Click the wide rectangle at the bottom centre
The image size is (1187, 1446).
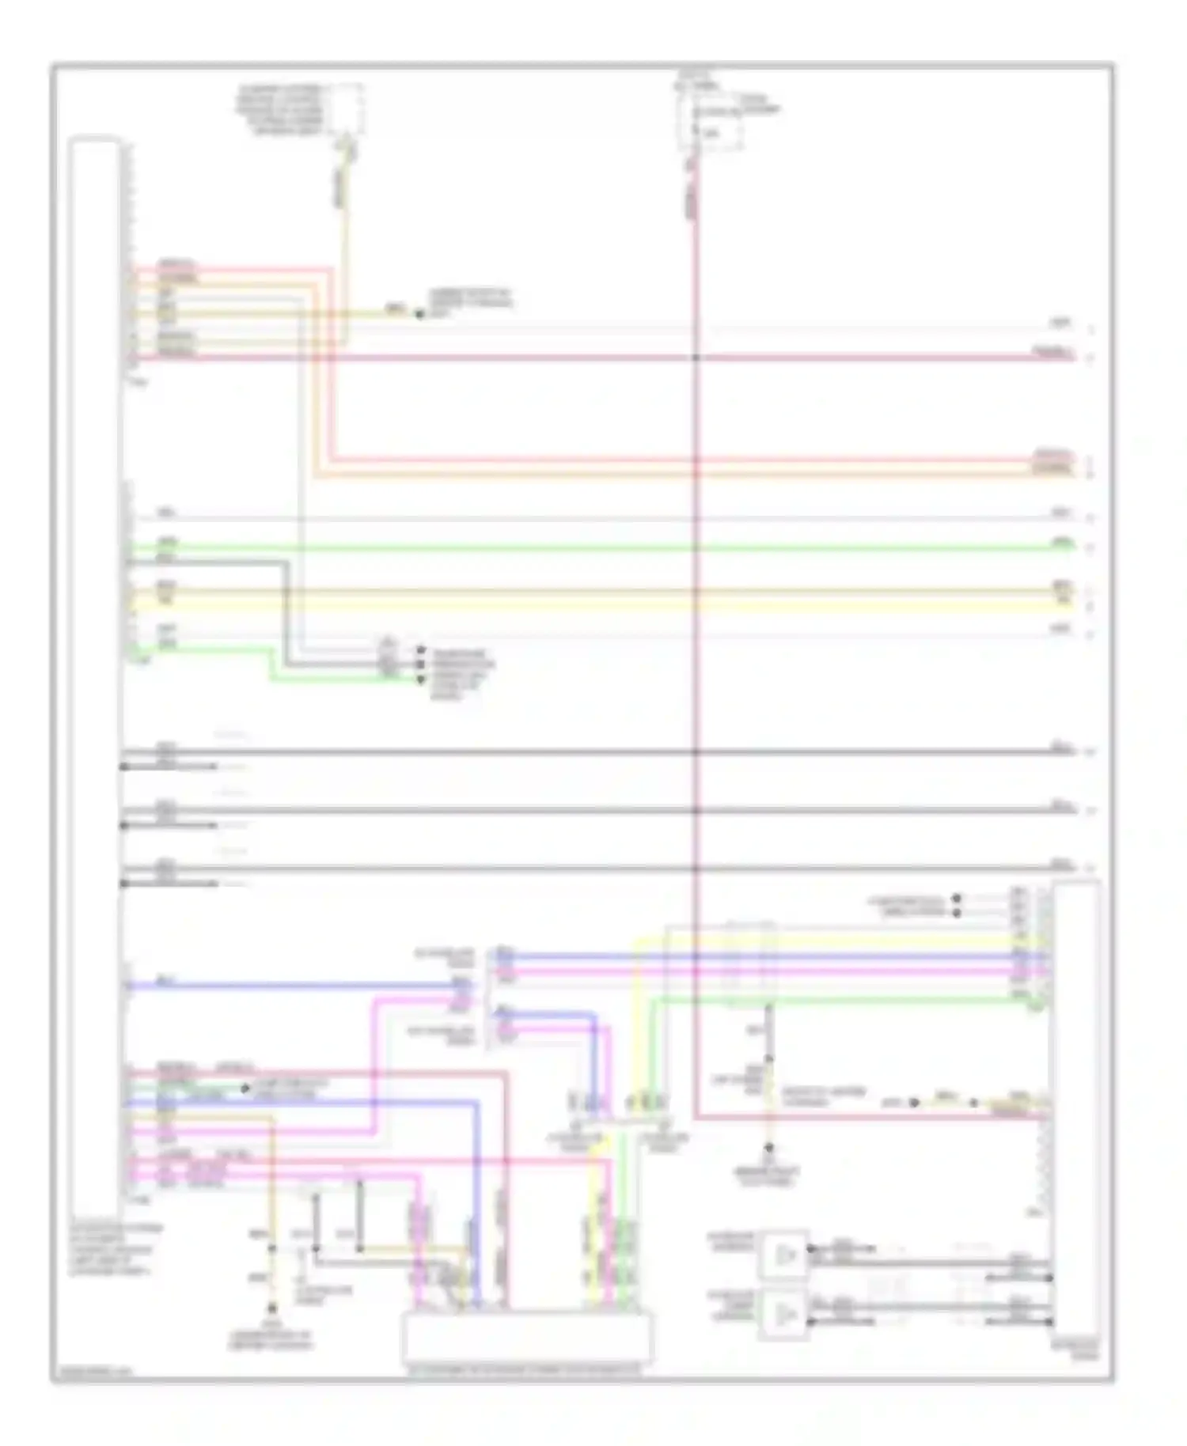coord(527,1336)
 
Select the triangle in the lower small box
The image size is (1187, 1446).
coord(784,1315)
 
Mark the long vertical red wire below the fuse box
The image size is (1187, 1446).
coord(696,633)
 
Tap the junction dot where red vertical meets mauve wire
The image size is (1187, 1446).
coord(696,358)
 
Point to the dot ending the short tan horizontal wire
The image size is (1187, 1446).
coord(419,314)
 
